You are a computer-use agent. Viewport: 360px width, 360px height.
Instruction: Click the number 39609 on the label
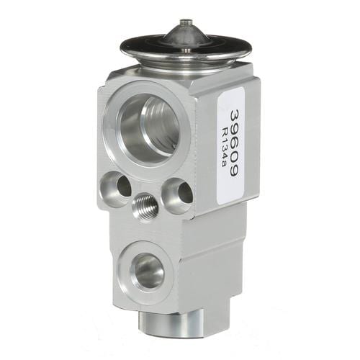(x=234, y=143)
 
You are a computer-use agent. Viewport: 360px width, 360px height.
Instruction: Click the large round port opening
(x=150, y=129)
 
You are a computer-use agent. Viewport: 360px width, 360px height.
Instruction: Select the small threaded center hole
(x=145, y=205)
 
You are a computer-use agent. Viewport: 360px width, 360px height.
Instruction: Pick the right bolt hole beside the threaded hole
(x=178, y=195)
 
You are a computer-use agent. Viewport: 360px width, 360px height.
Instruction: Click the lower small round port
(x=147, y=271)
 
